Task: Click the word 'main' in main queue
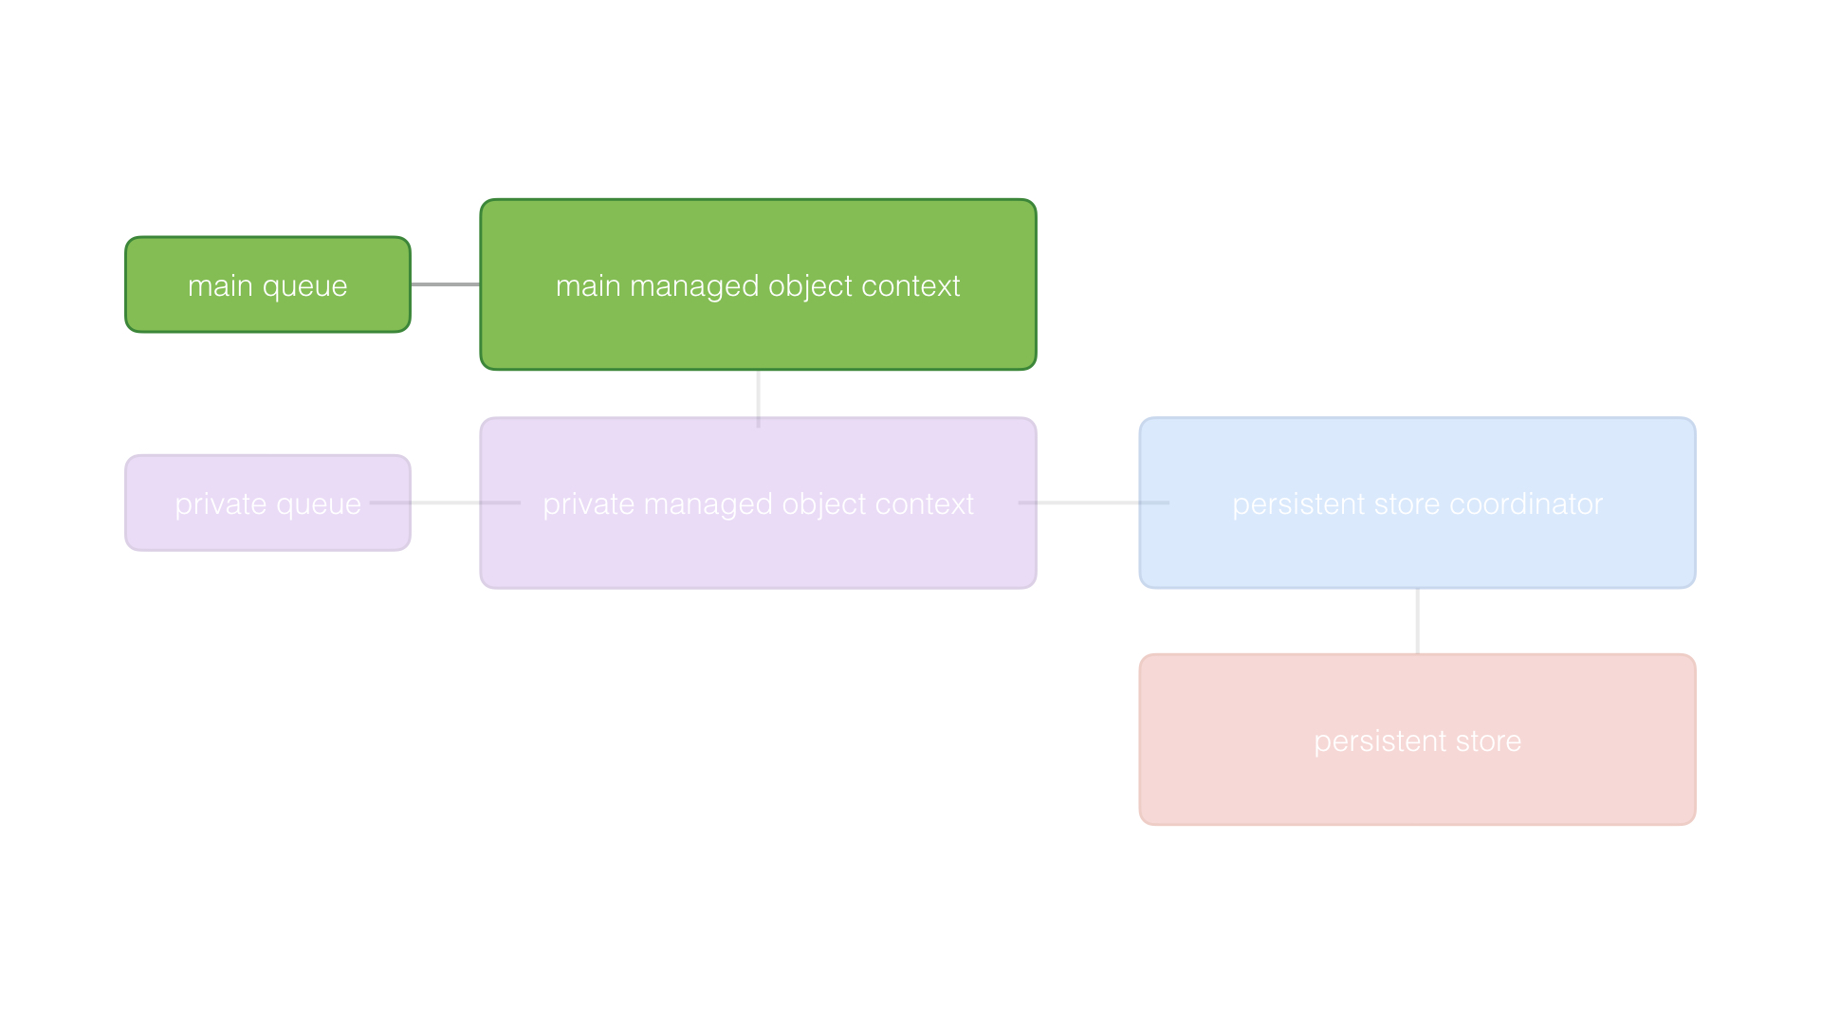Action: (x=220, y=285)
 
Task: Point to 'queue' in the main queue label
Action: (x=304, y=287)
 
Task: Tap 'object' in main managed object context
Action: (x=811, y=287)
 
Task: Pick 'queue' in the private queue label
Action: (x=318, y=505)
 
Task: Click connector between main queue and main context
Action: (x=445, y=284)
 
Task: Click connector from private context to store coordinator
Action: (x=1089, y=503)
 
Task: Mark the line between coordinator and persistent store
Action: (x=1417, y=621)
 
